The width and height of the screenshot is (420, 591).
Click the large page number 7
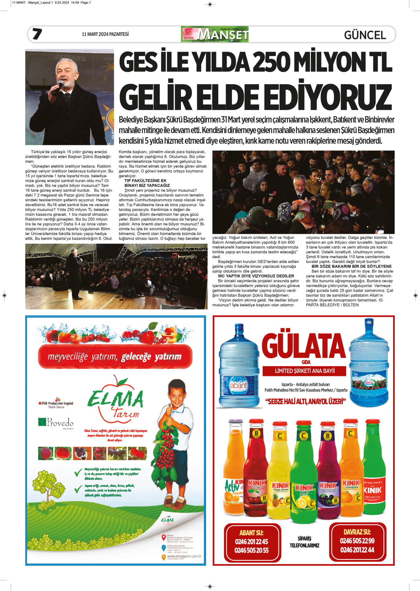click(37, 34)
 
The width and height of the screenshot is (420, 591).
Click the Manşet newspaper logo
click(215, 34)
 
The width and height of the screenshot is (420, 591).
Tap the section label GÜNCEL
click(365, 35)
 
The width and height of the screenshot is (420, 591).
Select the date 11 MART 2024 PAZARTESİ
click(105, 34)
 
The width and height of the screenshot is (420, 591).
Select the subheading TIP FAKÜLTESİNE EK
click(145, 180)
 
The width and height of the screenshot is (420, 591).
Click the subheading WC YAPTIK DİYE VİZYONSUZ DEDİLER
click(256, 276)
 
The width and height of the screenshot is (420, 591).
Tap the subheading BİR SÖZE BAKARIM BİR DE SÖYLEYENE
click(351, 266)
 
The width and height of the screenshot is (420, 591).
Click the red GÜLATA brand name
click(304, 346)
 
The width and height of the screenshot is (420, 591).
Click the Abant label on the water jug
click(238, 385)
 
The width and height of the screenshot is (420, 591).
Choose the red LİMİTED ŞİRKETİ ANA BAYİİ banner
click(305, 371)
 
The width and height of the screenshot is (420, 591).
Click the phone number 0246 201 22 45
click(252, 542)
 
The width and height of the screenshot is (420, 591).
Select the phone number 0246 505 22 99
click(357, 541)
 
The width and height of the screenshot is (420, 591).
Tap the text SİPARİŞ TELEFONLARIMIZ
click(304, 542)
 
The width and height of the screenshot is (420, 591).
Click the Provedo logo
click(56, 422)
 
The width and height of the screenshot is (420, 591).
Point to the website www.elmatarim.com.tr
click(184, 556)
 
